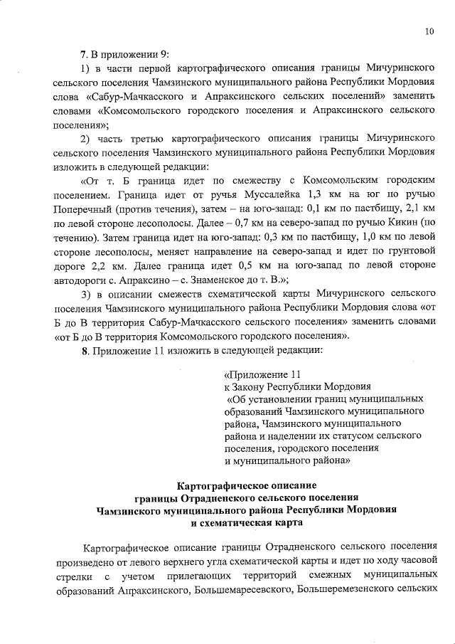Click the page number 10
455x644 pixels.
coord(429,31)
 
